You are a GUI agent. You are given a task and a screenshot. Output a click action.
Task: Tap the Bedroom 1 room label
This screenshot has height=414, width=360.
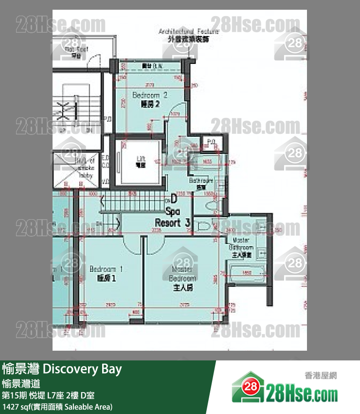[x=106, y=274]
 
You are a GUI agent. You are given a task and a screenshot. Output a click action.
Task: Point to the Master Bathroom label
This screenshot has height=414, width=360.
[x=242, y=247]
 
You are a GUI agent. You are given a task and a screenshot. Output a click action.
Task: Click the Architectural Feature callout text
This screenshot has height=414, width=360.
[x=189, y=35]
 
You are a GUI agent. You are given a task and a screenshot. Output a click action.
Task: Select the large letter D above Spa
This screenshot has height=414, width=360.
[x=173, y=199]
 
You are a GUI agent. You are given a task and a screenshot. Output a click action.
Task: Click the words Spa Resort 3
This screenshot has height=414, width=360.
[x=173, y=218]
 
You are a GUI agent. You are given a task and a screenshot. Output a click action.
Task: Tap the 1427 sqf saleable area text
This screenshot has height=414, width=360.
[x=57, y=406]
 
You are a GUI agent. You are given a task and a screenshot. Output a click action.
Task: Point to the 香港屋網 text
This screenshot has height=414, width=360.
[x=321, y=376]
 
